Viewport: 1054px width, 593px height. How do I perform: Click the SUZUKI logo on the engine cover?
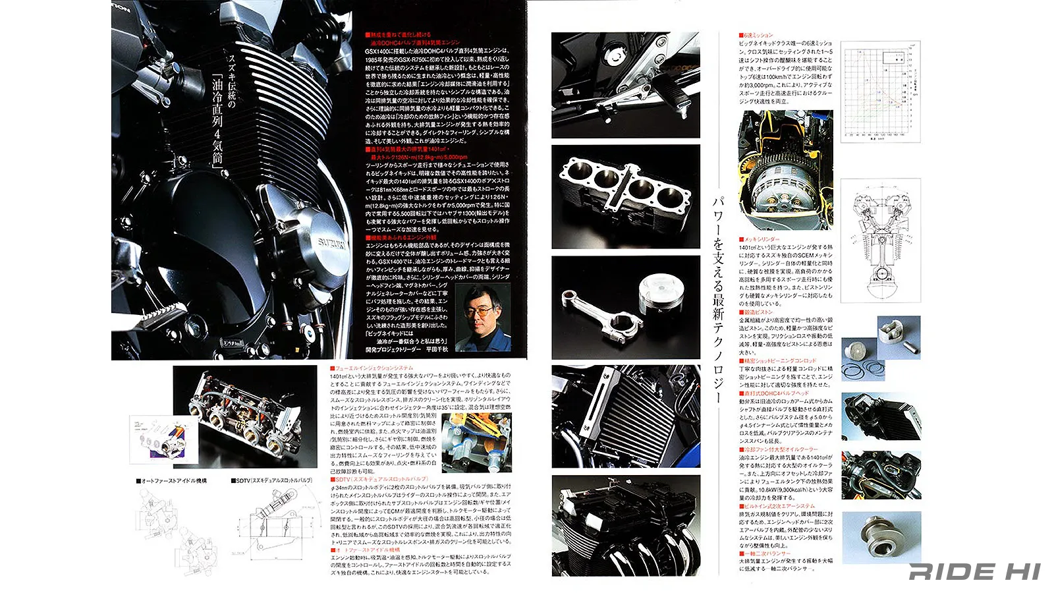coord(332,242)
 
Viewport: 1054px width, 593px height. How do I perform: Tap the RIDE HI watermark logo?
coord(974,571)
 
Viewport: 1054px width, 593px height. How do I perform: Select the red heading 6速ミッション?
coord(758,35)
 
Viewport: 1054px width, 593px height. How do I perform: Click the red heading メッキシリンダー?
coord(760,239)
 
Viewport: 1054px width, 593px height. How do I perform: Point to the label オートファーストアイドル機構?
coord(171,481)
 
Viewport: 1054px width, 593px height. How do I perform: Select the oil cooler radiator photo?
coord(625,416)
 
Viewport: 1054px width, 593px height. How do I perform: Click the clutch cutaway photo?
coord(785,169)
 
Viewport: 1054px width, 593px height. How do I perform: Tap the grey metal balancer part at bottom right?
coord(880,537)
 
